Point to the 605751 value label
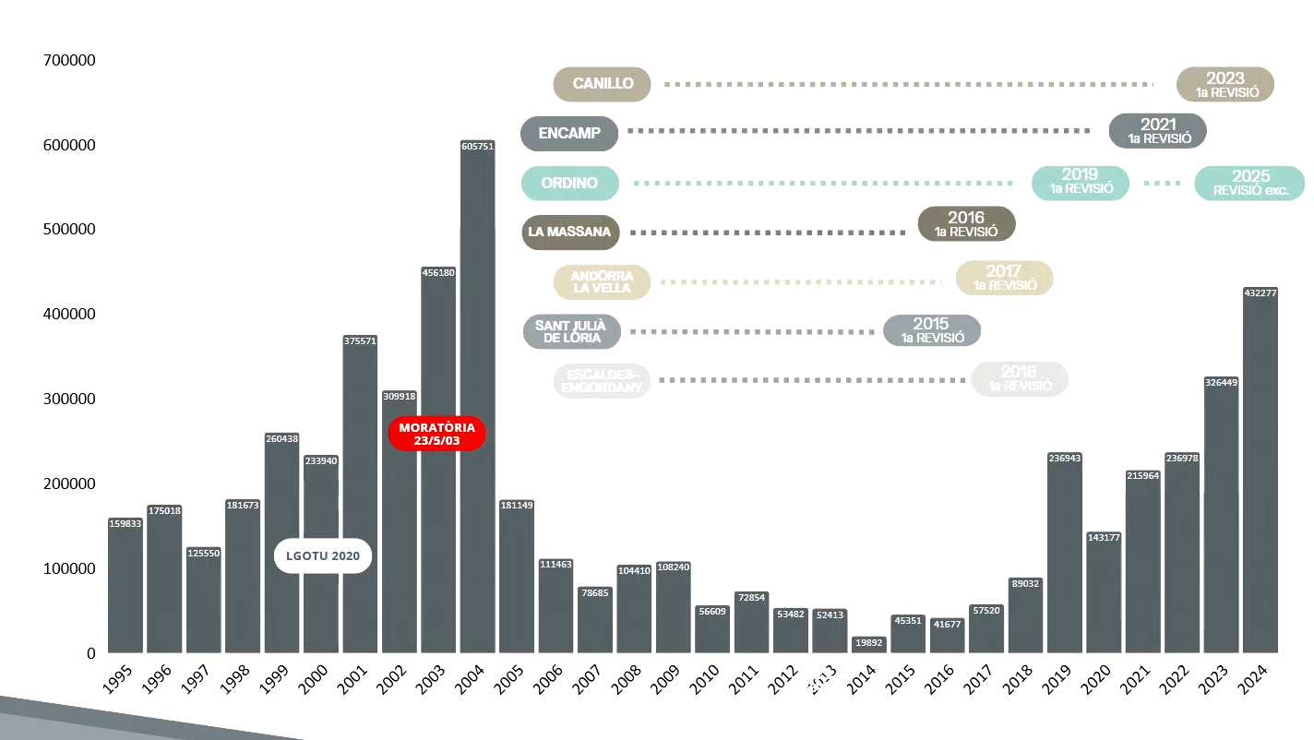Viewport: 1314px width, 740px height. click(477, 146)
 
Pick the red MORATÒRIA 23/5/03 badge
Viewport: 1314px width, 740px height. click(437, 434)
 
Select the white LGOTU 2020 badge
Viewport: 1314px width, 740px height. click(323, 556)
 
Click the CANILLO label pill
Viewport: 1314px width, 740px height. click(603, 84)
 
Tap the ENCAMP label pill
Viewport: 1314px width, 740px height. click(569, 133)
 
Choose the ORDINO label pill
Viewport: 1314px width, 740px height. click(569, 183)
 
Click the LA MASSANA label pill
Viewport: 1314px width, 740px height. click(569, 232)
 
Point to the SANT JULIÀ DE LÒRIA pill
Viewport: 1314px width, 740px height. click(570, 330)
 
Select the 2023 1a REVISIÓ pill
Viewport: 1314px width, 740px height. click(1225, 84)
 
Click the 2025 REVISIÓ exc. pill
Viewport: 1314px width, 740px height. click(1250, 183)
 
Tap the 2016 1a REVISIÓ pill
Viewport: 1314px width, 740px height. click(966, 224)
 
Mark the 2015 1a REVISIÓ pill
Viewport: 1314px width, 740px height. click(931, 330)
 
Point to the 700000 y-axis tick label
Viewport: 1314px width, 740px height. click(69, 60)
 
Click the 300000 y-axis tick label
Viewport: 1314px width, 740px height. click(69, 400)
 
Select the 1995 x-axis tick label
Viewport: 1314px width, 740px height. click(119, 685)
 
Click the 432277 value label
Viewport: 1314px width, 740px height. click(1260, 293)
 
